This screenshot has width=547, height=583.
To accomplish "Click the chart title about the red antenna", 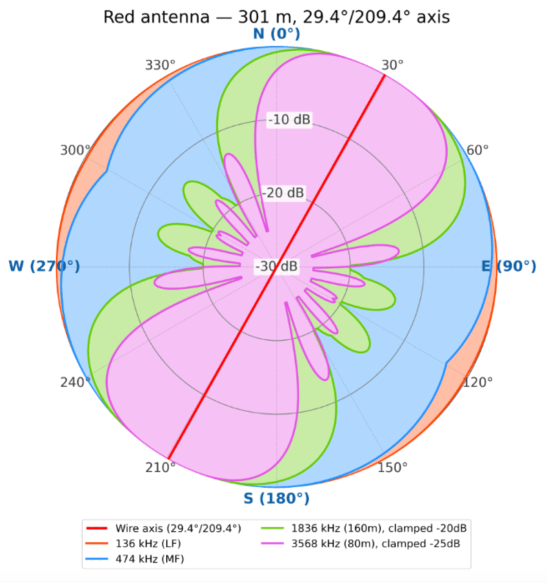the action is pos(277,17).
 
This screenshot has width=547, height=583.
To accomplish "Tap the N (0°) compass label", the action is pos(277,34).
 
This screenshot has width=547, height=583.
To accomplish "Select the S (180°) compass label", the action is pos(277,498).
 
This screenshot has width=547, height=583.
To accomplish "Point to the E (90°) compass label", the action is pos(509,266).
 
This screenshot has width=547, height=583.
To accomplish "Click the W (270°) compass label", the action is pos(44,266).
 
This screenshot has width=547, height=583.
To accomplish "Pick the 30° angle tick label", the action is pos(392,65).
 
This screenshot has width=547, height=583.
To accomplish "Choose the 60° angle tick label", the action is pos(478,150).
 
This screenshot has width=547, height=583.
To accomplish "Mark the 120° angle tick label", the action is pos(478,382).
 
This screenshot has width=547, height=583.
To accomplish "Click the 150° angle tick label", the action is pos(392,467).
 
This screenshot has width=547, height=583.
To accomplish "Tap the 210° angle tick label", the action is pos(160,467).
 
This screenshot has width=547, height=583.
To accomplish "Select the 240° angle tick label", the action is pos(76,382).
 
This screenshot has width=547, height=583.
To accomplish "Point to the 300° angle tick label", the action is pos(76,150).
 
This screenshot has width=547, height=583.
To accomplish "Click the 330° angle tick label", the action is pos(160,65).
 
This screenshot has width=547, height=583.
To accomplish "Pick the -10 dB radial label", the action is pos(290,120).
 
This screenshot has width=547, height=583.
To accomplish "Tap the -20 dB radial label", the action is pos(283,192).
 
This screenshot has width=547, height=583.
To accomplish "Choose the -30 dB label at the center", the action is pos(277,266).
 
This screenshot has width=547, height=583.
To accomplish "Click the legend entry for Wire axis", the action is pos(163,528).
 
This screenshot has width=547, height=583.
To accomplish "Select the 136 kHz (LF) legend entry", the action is pos(133,544).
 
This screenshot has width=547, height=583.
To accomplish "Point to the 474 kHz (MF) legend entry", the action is pos(134,559).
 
